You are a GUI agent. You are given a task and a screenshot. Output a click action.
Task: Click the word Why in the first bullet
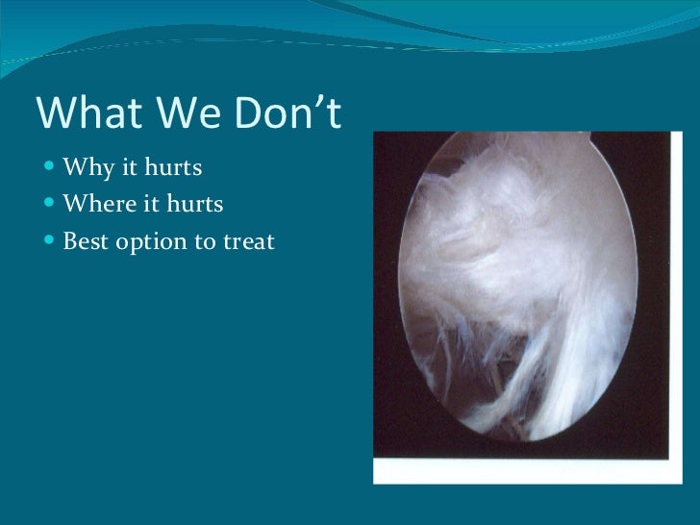tap(84, 170)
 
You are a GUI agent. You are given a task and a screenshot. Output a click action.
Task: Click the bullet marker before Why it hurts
tap(49, 171)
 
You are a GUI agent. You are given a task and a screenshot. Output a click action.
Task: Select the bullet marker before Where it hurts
tap(49, 205)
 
